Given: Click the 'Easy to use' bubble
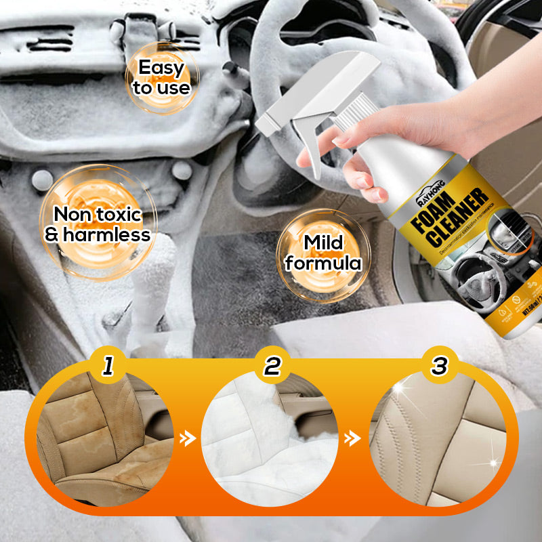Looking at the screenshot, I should point(161,77).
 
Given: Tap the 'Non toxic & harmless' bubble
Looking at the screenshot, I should point(97,225).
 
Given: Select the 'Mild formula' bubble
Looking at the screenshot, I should point(323,253).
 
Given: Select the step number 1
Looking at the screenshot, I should point(107,367).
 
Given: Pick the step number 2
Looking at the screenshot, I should point(272,367).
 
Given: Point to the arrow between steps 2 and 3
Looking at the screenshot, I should point(352,439).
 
